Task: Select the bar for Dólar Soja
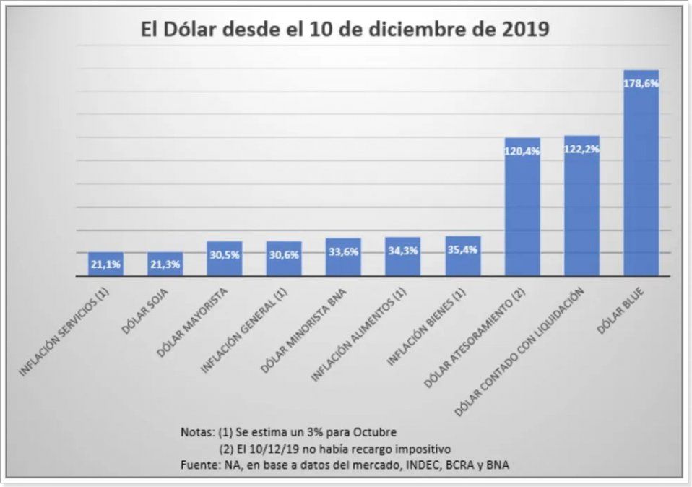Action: tap(165, 264)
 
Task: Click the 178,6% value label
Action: tap(641, 83)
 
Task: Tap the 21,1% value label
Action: tap(105, 265)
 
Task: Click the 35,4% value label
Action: tap(463, 250)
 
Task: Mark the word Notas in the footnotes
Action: tap(196, 432)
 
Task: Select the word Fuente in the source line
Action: tap(197, 465)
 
